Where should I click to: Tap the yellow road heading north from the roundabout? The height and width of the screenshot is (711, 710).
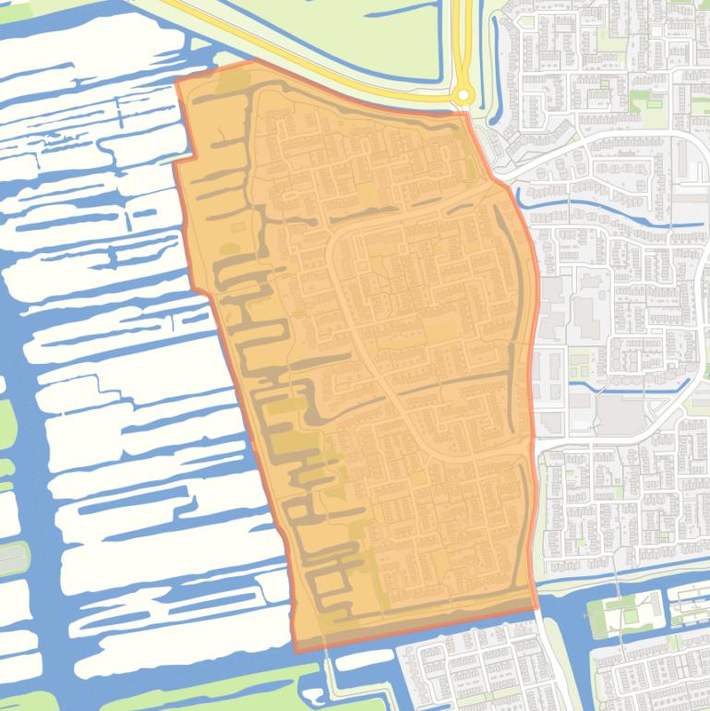pos(462,37)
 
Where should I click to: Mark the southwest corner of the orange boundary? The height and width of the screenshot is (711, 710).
pos(296,650)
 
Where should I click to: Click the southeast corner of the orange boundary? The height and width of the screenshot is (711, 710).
pos(537,609)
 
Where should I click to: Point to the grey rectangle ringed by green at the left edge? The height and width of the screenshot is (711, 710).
pos(11,558)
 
